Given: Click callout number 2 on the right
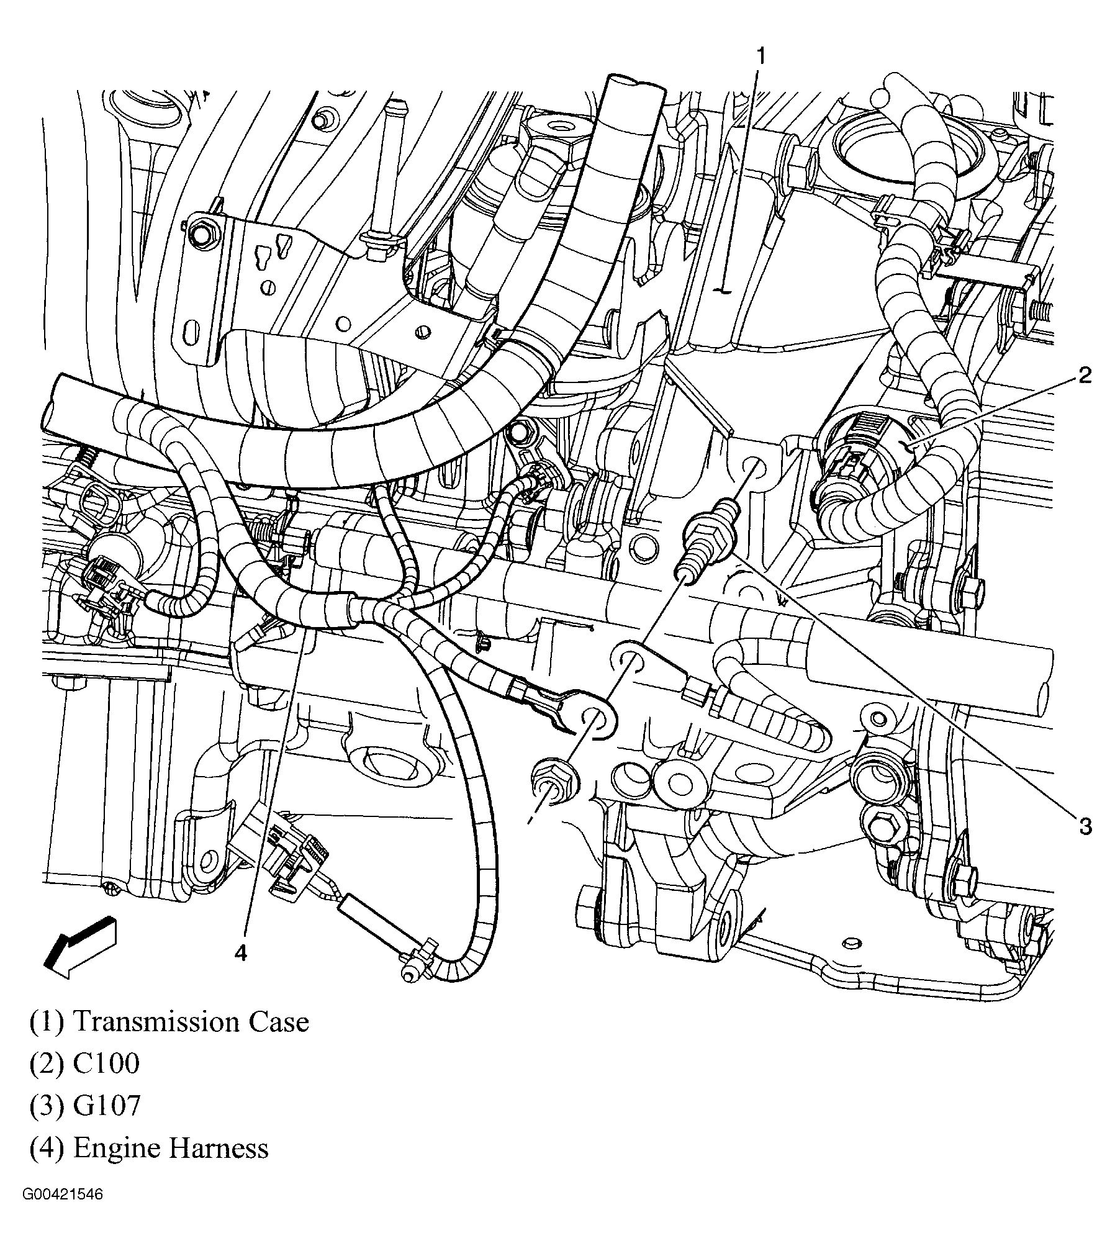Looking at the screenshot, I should (x=1084, y=376).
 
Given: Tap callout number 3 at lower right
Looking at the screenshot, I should (x=1085, y=826).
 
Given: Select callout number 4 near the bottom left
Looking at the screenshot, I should (x=242, y=952).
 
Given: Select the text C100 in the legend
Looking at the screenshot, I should (x=106, y=1063).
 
